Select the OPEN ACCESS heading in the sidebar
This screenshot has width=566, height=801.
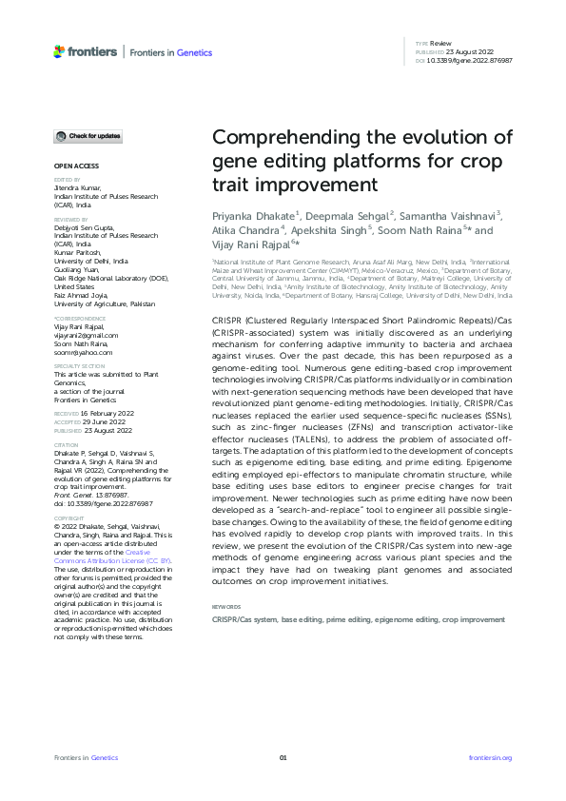coord(73,166)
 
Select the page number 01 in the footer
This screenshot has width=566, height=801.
coord(283,757)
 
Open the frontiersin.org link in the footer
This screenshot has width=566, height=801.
coord(491,757)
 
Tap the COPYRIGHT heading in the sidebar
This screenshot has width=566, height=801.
coord(68,493)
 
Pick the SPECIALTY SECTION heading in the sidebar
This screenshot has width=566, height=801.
coord(79,365)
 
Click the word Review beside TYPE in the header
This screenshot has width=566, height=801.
coord(443,45)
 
